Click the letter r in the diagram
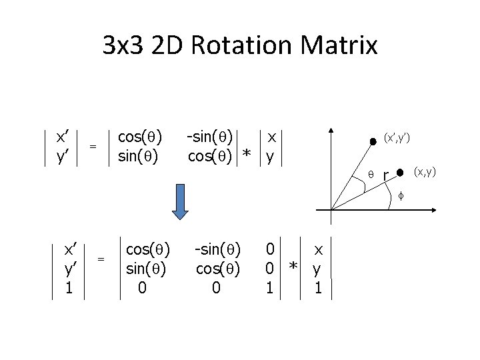(385, 177)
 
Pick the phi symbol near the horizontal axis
(401, 195)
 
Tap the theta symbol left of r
(372, 175)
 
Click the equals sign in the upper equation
(94, 146)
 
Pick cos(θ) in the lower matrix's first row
(148, 250)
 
